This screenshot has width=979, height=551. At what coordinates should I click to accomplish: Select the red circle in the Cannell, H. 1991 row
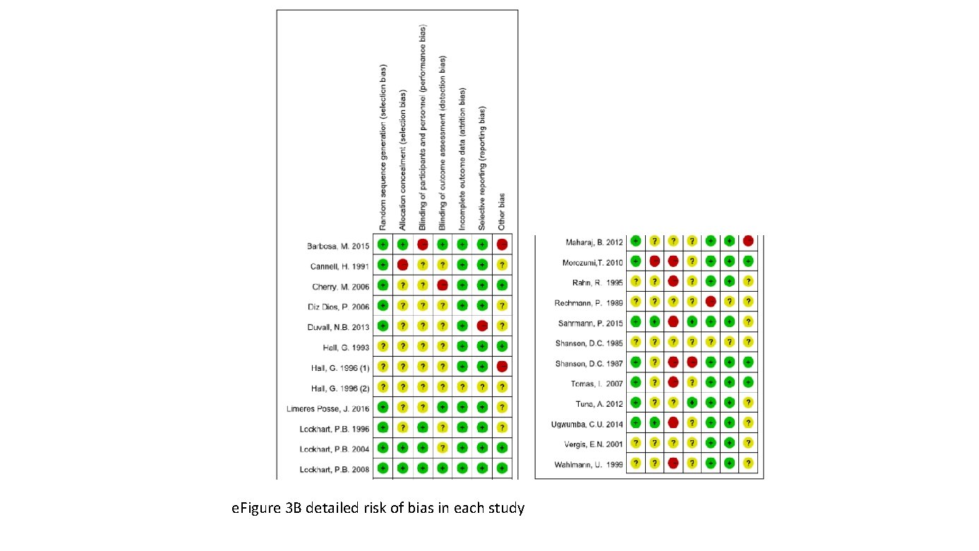(x=402, y=265)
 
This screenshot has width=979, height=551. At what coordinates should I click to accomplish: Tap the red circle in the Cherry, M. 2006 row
(x=443, y=285)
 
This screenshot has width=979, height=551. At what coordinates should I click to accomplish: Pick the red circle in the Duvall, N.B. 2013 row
(x=482, y=326)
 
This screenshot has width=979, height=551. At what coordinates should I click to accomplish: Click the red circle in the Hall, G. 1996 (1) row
(x=502, y=366)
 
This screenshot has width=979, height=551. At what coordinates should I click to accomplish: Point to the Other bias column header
(x=502, y=211)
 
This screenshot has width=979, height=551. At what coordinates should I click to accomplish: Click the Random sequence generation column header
(x=383, y=148)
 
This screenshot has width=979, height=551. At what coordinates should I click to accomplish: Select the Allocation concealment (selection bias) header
(x=402, y=160)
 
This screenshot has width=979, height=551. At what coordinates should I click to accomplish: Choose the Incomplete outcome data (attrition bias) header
(x=462, y=160)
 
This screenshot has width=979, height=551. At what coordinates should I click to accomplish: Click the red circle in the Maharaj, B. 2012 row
(x=748, y=242)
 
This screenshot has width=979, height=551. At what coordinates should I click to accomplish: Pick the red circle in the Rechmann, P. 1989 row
(x=709, y=302)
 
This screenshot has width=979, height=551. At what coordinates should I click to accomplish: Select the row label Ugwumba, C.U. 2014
(x=587, y=424)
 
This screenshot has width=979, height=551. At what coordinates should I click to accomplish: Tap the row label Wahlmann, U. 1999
(x=589, y=464)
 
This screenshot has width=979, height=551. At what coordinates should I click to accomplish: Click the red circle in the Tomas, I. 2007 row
(x=674, y=382)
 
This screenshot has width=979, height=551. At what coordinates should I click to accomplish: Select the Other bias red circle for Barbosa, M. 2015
(x=502, y=245)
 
